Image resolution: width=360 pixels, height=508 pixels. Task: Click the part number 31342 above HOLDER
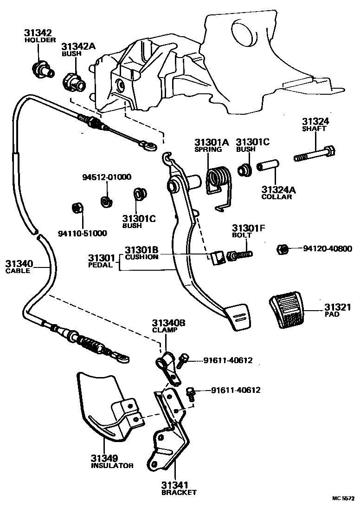(38, 33)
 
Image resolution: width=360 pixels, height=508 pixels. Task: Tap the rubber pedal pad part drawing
(286, 310)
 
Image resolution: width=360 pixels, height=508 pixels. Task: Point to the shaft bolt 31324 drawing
(314, 155)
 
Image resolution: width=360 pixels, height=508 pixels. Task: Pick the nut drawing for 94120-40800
(283, 249)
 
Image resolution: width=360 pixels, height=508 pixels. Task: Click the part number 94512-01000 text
(106, 177)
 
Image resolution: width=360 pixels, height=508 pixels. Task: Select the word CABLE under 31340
(18, 271)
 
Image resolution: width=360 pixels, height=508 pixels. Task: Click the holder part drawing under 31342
(42, 70)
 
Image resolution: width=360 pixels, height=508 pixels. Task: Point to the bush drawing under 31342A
(74, 82)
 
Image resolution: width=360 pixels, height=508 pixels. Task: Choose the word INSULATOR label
(112, 466)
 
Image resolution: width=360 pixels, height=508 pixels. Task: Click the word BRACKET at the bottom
(179, 492)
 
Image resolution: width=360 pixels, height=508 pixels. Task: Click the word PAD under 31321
(332, 314)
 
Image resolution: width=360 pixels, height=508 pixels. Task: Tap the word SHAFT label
(314, 128)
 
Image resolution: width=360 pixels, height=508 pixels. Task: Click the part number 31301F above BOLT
(248, 228)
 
